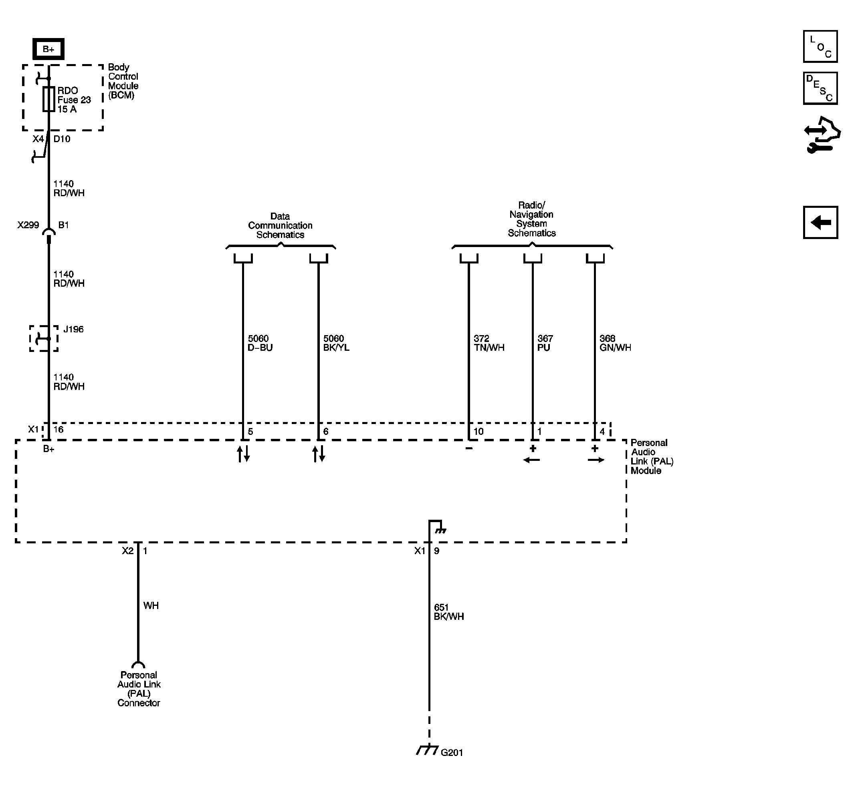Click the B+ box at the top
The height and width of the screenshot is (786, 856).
point(48,49)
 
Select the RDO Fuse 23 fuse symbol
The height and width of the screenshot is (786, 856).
point(48,99)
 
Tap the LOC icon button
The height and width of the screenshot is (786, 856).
point(820,47)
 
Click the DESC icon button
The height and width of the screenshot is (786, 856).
point(820,88)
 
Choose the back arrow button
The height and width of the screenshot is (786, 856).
point(820,223)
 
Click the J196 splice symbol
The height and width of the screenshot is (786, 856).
point(44,339)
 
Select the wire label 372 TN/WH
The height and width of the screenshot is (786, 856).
point(489,343)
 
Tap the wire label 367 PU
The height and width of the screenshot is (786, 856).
point(545,343)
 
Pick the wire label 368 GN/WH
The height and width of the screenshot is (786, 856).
point(615,343)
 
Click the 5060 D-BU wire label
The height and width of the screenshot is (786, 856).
point(260,343)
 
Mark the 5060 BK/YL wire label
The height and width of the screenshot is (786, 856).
point(336,343)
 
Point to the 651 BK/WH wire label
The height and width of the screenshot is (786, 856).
point(448,611)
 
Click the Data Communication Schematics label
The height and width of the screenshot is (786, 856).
point(280,225)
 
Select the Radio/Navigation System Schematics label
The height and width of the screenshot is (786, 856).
point(532,219)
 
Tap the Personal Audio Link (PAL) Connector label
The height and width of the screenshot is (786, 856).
point(139,689)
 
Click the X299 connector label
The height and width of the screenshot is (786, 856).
point(28,225)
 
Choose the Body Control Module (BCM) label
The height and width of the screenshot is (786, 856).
point(123,81)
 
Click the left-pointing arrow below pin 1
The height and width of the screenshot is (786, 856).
point(531,460)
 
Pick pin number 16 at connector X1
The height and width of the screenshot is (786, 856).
point(59,430)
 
